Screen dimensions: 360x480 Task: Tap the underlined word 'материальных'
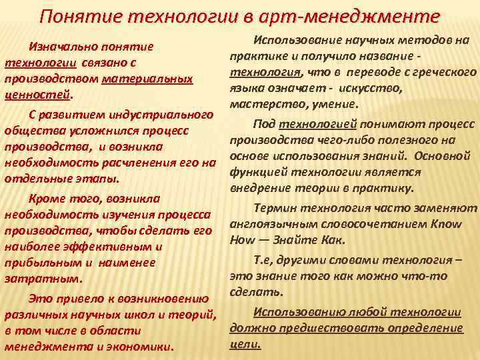147,79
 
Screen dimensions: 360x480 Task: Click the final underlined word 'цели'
245,344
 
